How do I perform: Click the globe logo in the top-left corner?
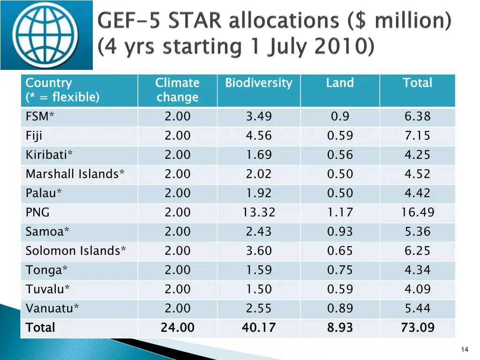pyautogui.click(x=46, y=35)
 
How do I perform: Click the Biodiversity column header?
pyautogui.click(x=258, y=83)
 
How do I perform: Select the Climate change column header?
pyautogui.click(x=177, y=90)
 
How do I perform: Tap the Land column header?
pyautogui.click(x=340, y=83)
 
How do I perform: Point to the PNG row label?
pyautogui.click(x=37, y=212)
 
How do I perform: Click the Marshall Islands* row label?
pyautogui.click(x=75, y=174)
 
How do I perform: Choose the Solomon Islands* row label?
pyautogui.click(x=75, y=251)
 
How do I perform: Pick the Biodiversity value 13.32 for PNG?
pyautogui.click(x=259, y=212)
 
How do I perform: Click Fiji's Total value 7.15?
pyautogui.click(x=417, y=135)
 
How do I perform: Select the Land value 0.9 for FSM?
pyautogui.click(x=340, y=116)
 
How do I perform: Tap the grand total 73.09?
pyautogui.click(x=417, y=328)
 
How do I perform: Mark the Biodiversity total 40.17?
pyautogui.click(x=259, y=328)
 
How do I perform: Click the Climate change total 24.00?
pyautogui.click(x=177, y=328)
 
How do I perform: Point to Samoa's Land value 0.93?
pyautogui.click(x=340, y=232)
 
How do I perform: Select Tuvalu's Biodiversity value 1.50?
pyautogui.click(x=259, y=289)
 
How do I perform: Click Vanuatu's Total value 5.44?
pyautogui.click(x=417, y=308)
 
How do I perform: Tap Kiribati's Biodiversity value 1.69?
pyautogui.click(x=259, y=155)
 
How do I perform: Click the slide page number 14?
pyautogui.click(x=465, y=349)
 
